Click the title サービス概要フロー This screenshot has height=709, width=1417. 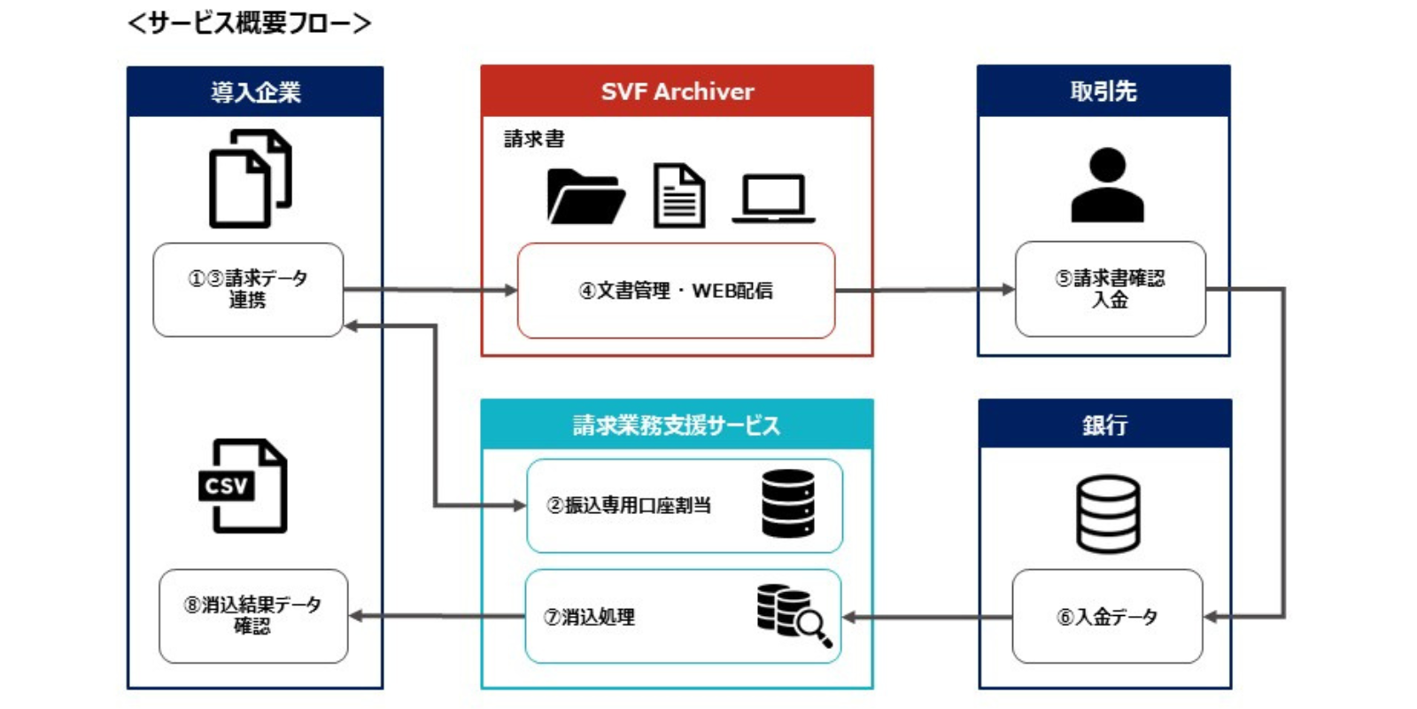tap(249, 23)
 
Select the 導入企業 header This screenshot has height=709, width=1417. tap(255, 92)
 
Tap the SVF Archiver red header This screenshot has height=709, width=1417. tap(677, 91)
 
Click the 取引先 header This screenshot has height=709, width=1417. tap(1103, 91)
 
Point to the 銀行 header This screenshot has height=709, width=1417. tap(1105, 424)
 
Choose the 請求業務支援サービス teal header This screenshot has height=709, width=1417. tap(677, 425)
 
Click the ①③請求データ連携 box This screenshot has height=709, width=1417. tap(248, 289)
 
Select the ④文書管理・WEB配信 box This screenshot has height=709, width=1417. tap(677, 291)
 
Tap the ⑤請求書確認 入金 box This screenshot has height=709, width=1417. tap(1111, 289)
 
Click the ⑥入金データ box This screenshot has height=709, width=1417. tap(1107, 616)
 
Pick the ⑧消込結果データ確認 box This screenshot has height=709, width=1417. tap(253, 616)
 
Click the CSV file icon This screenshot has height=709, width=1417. tap(244, 486)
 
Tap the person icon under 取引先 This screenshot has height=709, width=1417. tap(1108, 185)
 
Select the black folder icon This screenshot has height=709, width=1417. tap(586, 196)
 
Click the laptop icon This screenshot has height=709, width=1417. tap(774, 199)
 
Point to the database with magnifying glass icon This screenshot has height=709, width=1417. tap(794, 615)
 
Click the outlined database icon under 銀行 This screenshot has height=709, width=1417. tap(1108, 513)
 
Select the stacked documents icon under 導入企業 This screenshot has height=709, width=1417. tap(251, 178)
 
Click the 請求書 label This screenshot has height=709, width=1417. tap(534, 139)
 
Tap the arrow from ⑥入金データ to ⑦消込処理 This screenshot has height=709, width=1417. tap(927, 617)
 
